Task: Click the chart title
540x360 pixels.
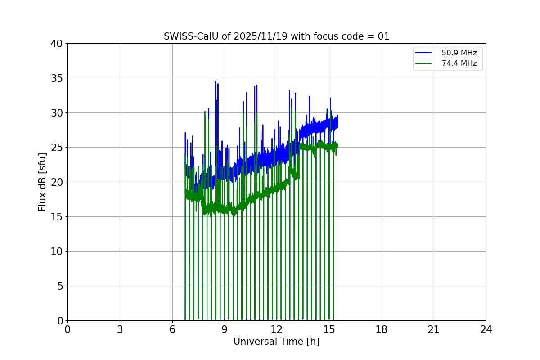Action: point(276,36)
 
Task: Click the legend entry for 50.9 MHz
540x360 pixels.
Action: point(459,53)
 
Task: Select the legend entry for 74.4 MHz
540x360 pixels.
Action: point(459,63)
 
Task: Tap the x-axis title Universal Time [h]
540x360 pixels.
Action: point(276,342)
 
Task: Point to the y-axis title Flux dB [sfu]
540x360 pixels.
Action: point(42,182)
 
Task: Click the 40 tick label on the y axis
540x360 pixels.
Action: point(57,44)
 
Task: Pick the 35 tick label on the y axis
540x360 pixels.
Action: point(57,78)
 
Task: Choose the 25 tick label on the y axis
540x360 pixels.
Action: point(57,148)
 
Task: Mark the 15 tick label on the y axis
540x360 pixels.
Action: point(57,217)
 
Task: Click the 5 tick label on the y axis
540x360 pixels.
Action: point(59,286)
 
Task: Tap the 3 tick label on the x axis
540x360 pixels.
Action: point(120,329)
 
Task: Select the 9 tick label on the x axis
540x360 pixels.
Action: point(225,329)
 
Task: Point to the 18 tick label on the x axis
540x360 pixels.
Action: point(382,329)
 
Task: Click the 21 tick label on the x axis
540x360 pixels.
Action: point(434,329)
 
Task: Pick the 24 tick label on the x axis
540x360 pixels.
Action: point(486,329)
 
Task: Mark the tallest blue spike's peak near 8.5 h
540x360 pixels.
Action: point(216,81)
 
